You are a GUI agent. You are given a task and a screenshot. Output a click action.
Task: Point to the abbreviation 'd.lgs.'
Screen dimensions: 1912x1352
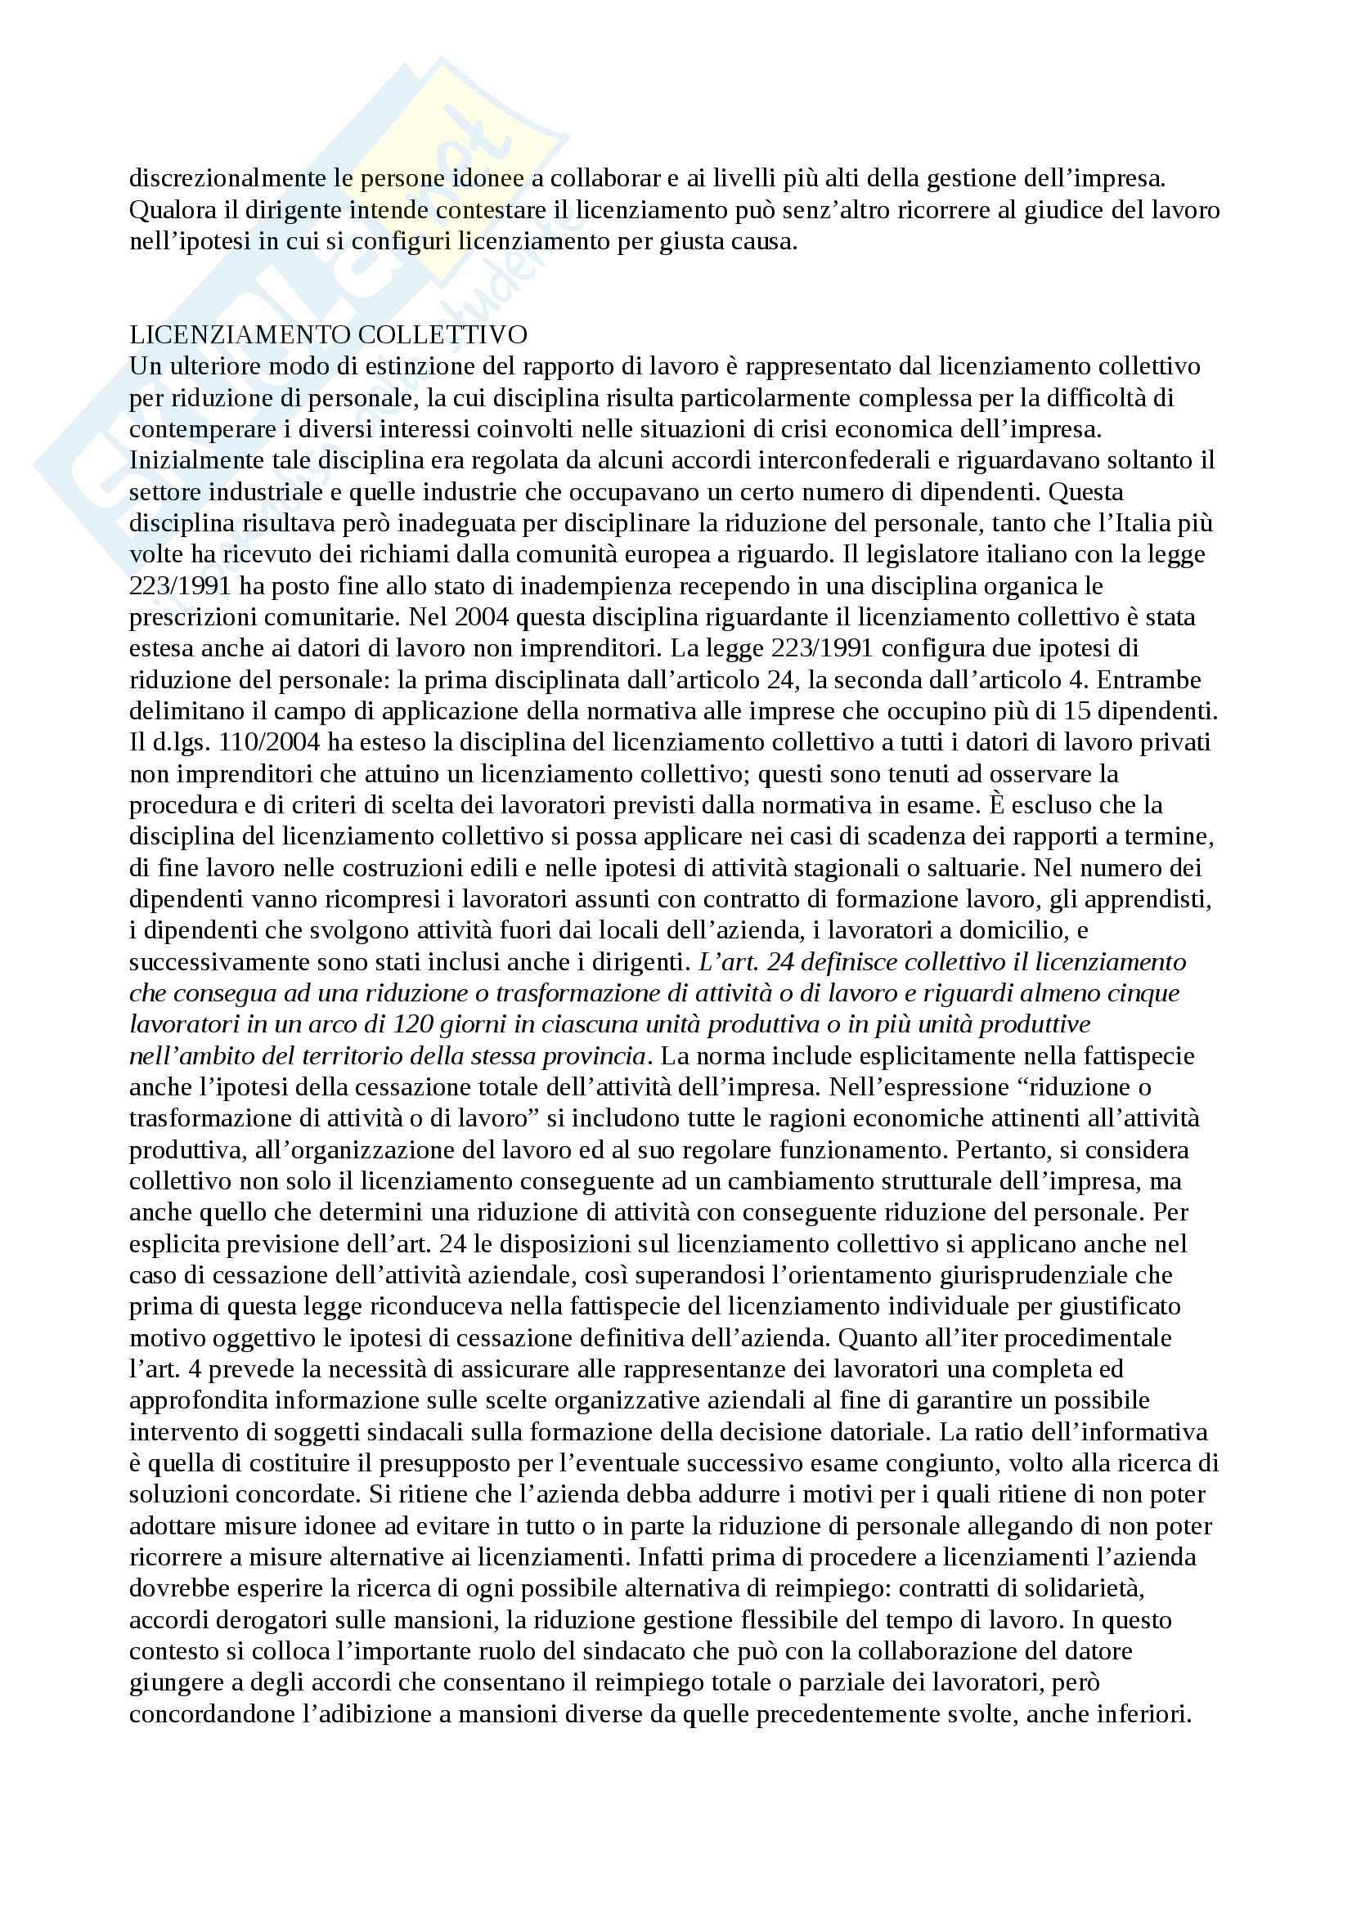click(177, 743)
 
